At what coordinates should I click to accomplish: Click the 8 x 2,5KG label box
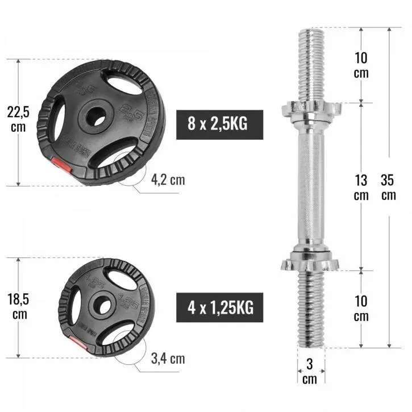[x=219, y=123]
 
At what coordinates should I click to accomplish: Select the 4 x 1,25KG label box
[x=219, y=307]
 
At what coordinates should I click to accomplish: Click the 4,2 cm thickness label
[x=168, y=180]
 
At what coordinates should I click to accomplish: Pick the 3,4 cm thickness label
[x=168, y=359]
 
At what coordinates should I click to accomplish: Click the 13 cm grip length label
[x=361, y=187]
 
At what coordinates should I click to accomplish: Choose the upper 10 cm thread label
[x=361, y=65]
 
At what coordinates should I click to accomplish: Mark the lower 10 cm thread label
[x=361, y=308]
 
